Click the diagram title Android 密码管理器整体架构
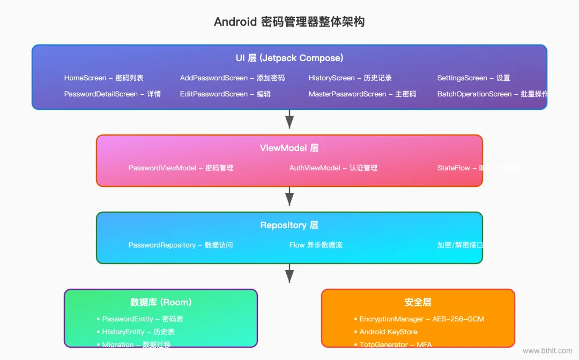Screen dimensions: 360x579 point(289,22)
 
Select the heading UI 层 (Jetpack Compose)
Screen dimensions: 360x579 point(289,58)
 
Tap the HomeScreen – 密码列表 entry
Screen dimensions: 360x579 point(103,78)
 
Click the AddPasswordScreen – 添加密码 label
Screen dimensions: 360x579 point(232,78)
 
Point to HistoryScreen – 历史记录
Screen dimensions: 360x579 point(350,78)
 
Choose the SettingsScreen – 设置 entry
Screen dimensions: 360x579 point(473,78)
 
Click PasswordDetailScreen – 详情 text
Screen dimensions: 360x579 point(112,94)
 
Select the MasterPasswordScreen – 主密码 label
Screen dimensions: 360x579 point(362,94)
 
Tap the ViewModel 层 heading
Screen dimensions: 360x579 point(289,148)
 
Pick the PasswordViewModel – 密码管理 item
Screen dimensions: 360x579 point(181,168)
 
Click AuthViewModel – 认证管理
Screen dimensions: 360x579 point(333,168)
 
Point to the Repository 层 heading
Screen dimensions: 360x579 point(289,225)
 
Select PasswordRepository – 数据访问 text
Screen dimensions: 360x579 point(181,245)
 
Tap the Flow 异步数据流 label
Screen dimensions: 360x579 point(316,245)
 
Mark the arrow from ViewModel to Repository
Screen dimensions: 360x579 point(289,197)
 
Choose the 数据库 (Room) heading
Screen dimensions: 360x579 point(161,302)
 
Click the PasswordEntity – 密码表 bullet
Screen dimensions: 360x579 point(143,319)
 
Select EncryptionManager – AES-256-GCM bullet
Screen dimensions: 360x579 point(421,319)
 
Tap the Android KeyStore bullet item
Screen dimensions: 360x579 point(388,332)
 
